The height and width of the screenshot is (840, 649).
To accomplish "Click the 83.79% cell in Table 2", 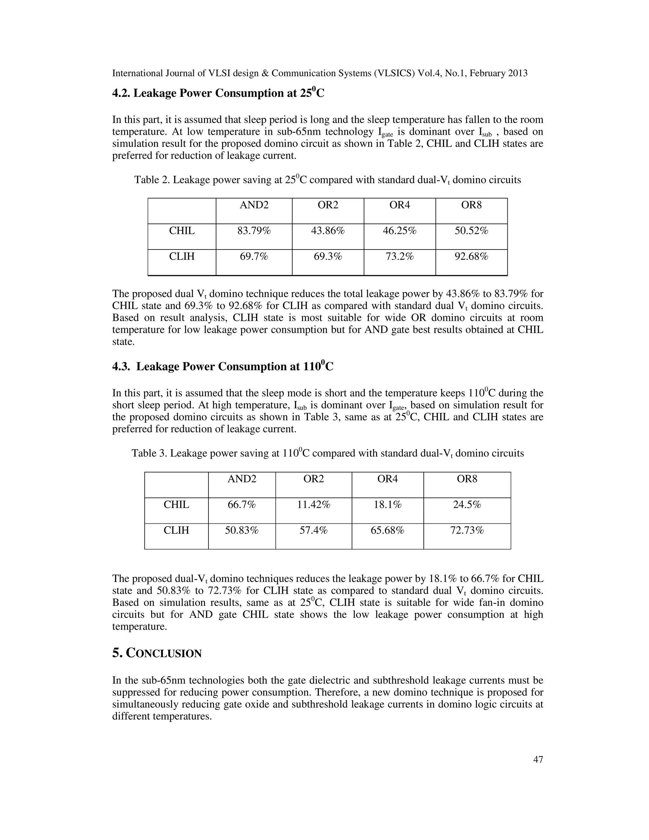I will (x=254, y=231).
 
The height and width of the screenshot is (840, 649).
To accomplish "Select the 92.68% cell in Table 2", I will (x=471, y=256).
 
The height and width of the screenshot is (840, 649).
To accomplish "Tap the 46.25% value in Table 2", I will (x=400, y=231).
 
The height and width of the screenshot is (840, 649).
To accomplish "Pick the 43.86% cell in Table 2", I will (x=328, y=231).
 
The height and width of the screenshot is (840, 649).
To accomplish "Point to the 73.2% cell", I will (x=400, y=256).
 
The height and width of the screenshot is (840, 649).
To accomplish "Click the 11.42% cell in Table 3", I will (x=313, y=505).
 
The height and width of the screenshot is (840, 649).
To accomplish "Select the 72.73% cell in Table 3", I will (x=467, y=530).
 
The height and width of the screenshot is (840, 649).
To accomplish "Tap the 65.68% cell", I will (x=387, y=530).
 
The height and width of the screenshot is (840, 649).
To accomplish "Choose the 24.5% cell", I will (x=467, y=505).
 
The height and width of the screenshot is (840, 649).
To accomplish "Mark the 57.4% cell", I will (x=313, y=530).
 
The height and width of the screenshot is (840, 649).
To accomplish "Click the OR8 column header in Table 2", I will (x=471, y=205).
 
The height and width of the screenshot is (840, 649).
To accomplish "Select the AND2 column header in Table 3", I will (x=242, y=479).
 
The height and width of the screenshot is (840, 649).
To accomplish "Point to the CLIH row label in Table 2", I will (x=182, y=256).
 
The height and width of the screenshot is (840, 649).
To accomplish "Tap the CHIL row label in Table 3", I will (x=177, y=505).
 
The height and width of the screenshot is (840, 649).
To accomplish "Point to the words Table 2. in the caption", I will (x=152, y=180).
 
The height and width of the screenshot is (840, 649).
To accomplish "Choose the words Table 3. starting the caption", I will (x=149, y=454).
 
